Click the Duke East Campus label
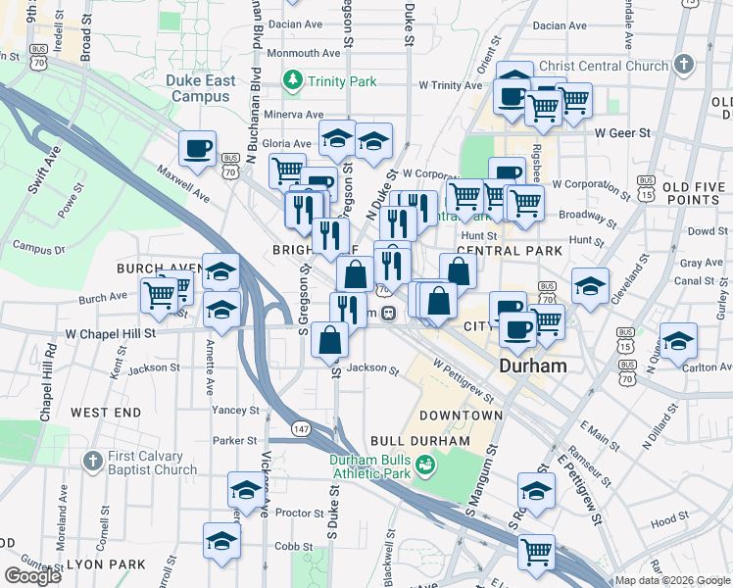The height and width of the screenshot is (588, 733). click(x=202, y=88)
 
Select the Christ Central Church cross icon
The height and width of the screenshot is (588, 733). click(x=684, y=66)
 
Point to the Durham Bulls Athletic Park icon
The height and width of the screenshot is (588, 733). click(x=425, y=464)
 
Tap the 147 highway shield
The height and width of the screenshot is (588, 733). click(x=302, y=429)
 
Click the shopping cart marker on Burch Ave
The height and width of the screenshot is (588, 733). click(x=159, y=293)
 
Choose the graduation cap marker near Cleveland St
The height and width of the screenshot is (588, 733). click(x=590, y=286)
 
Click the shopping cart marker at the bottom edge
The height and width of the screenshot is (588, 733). click(x=536, y=551)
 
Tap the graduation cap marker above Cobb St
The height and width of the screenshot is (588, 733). click(x=222, y=540)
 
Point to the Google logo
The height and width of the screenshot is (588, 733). click(x=32, y=575)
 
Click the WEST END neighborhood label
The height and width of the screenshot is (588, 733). click(x=106, y=414)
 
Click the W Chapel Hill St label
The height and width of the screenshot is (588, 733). click(x=110, y=333)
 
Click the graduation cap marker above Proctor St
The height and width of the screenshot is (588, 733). click(x=246, y=489)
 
